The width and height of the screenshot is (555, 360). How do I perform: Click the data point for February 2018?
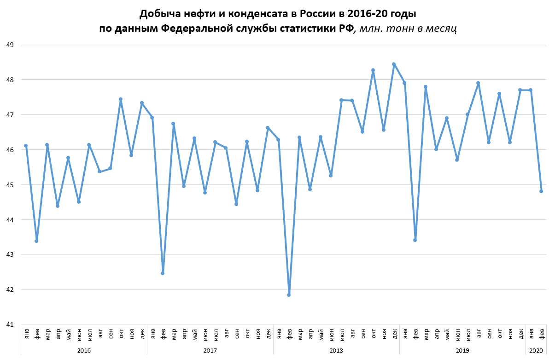(x=289, y=295)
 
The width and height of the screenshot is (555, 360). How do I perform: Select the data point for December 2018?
(x=394, y=64)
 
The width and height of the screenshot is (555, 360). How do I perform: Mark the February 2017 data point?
(x=163, y=273)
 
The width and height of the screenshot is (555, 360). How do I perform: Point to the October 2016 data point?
(x=121, y=99)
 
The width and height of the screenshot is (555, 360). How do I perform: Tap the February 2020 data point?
(x=541, y=191)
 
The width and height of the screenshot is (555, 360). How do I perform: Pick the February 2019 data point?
(x=415, y=240)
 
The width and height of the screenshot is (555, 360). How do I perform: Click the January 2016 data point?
(x=26, y=146)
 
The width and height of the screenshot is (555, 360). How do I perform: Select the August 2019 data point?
(x=478, y=83)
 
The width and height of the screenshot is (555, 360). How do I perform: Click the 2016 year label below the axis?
(x=84, y=351)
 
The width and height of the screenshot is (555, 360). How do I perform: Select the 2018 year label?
(x=336, y=351)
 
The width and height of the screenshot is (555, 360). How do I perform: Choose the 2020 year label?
(x=536, y=351)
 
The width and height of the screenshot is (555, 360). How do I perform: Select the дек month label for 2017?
(x=268, y=333)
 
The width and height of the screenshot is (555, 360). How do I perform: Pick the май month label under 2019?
(x=447, y=333)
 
